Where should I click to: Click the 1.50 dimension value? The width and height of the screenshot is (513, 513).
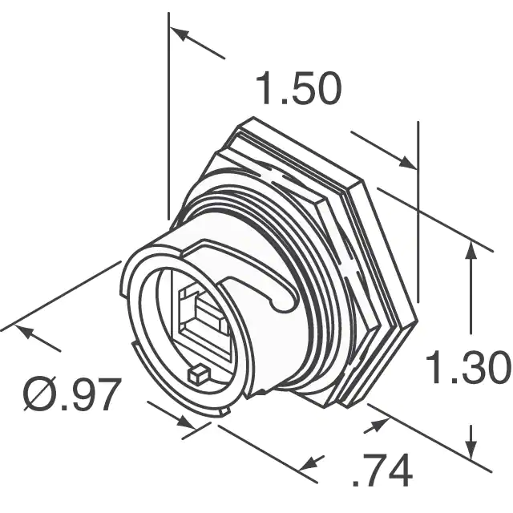(299, 87)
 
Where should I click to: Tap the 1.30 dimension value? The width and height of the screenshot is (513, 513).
(468, 366)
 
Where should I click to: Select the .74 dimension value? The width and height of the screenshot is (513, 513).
(382, 471)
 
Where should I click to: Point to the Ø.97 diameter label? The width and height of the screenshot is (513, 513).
(72, 394)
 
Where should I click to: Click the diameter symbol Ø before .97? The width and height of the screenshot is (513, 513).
(38, 394)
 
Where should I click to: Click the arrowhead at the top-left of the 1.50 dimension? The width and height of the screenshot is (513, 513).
(180, 34)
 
